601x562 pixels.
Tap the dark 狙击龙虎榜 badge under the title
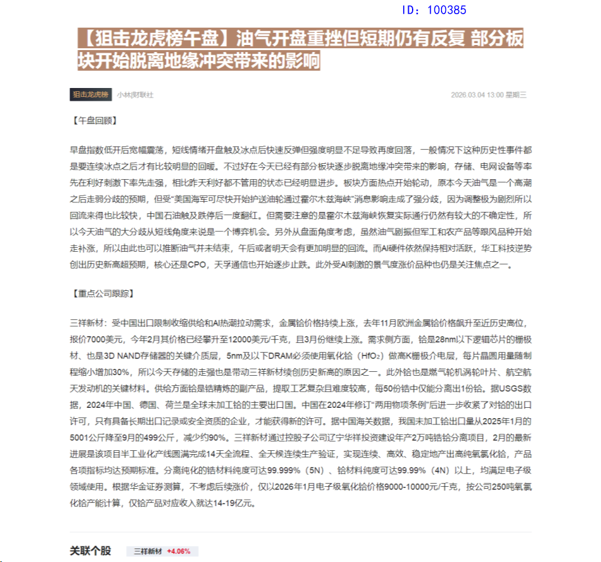(91, 94)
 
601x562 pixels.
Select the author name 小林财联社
(135, 95)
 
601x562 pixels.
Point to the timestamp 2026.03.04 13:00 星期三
(489, 95)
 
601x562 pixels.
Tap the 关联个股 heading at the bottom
(90, 551)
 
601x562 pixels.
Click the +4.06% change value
(179, 551)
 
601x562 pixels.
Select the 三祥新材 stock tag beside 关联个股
(148, 551)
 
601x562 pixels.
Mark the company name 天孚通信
(273, 265)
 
